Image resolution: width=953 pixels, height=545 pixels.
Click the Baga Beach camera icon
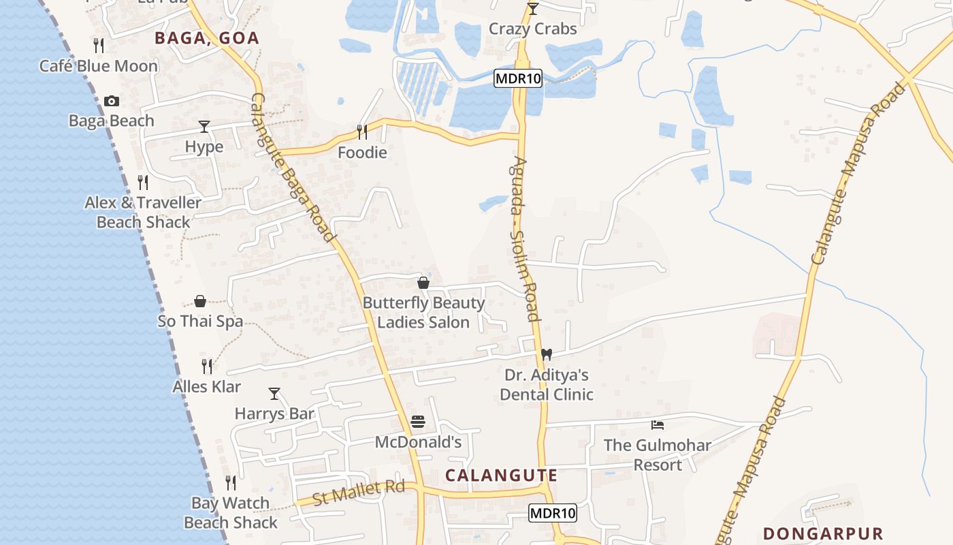[x=112, y=102]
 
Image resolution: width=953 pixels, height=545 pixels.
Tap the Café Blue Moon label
[x=99, y=66]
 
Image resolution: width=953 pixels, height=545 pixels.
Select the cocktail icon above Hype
[x=204, y=127]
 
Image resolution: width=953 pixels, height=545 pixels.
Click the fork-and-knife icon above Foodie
[x=362, y=131]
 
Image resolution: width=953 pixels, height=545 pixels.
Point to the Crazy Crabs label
[x=533, y=29]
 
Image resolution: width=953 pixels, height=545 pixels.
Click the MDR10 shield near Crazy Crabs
[x=518, y=78]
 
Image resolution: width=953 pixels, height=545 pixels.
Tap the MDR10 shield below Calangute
[x=553, y=513]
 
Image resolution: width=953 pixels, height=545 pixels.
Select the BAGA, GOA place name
[x=207, y=38]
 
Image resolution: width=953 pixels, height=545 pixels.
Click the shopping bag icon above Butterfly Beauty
[x=423, y=283]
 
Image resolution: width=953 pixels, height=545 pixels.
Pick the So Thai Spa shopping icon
[x=200, y=301]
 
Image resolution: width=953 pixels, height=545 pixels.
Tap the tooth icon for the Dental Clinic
[x=546, y=355]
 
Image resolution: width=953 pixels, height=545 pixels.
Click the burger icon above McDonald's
[x=418, y=422]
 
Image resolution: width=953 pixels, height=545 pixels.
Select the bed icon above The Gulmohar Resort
[x=658, y=425]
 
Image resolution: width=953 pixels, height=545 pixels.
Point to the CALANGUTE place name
[x=502, y=476]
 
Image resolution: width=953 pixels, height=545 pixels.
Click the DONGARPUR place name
[x=823, y=533]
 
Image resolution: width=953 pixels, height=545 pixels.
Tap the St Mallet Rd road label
[x=359, y=492]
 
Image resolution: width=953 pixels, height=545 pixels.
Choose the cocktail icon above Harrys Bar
[x=274, y=394]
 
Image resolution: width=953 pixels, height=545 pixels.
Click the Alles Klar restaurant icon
[x=207, y=367]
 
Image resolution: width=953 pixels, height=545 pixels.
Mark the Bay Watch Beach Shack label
[x=231, y=512]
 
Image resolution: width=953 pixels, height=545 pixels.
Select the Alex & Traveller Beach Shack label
[x=143, y=213]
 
